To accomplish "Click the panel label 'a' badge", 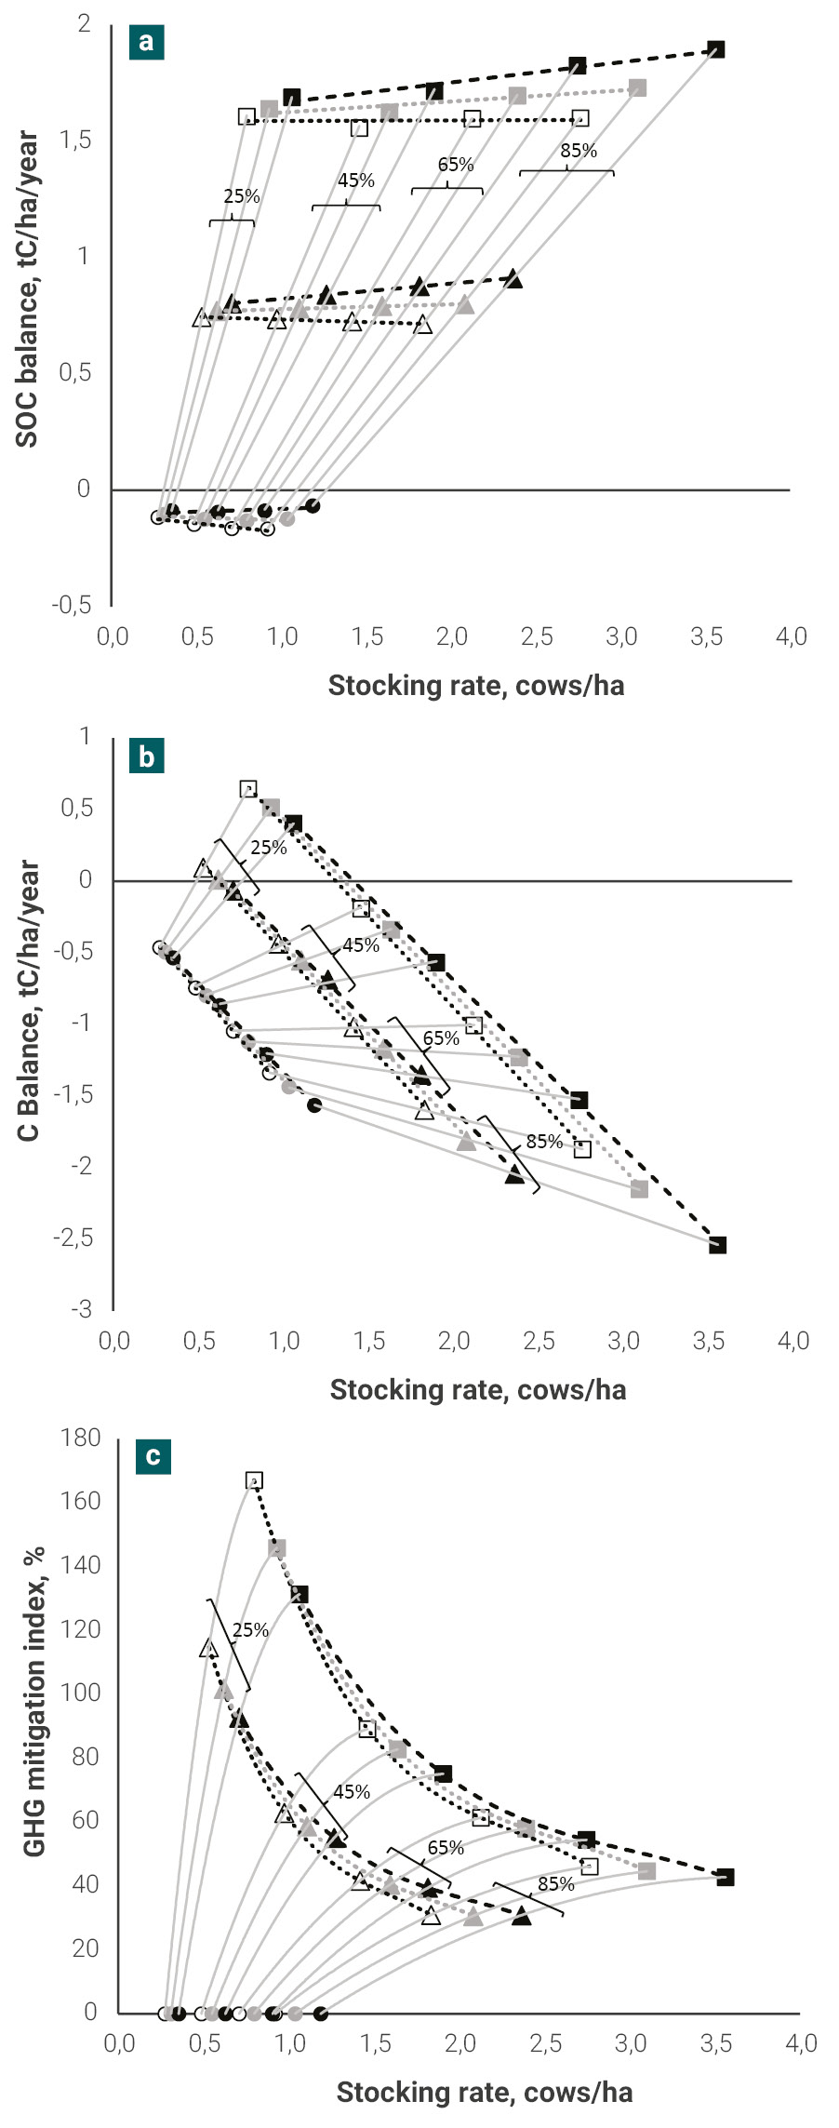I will (147, 42).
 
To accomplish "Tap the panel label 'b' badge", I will (147, 756).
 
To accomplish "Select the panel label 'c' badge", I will (153, 1456).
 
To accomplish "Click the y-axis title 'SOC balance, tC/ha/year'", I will (28, 288).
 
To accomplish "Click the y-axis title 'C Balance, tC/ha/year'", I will (29, 1000).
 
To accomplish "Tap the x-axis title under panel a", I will (475, 686).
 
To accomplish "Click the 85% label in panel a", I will (578, 151).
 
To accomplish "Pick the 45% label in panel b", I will (361, 945).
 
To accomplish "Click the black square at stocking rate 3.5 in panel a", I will (715, 49).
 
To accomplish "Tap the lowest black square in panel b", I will (717, 1245).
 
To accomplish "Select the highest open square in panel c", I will (254, 1480).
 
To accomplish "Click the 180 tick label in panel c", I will (80, 1438).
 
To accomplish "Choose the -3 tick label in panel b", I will (82, 1309).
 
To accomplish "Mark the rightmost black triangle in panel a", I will (514, 279).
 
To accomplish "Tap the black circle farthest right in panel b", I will (314, 1104).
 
